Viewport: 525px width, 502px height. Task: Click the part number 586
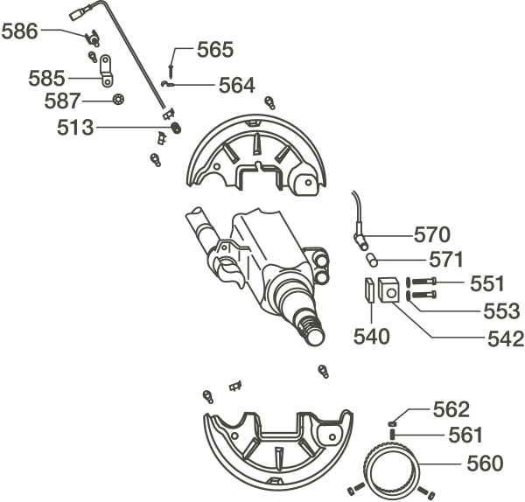(20, 32)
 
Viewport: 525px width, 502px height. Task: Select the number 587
(63, 101)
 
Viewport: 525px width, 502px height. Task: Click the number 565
(215, 50)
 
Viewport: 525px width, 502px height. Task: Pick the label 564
(236, 86)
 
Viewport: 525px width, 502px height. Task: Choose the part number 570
(432, 234)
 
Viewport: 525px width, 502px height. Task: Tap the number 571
(446, 260)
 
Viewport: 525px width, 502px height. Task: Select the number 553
(502, 310)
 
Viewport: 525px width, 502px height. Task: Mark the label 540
(373, 336)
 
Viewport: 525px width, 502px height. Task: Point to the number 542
(506, 338)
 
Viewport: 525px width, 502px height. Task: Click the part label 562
(451, 408)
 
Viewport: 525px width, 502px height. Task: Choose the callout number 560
(485, 464)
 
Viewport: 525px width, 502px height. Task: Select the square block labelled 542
(389, 290)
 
